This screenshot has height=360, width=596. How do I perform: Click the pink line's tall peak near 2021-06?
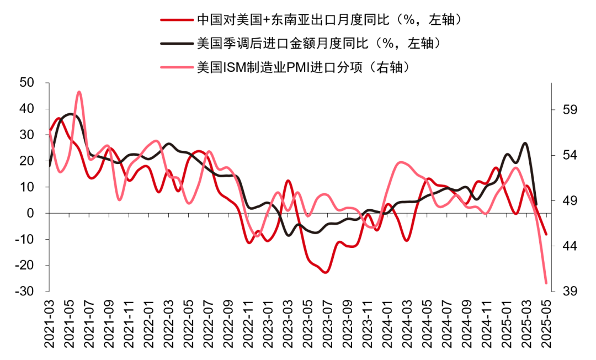click(x=79, y=92)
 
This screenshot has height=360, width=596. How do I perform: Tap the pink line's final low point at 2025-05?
click(x=546, y=283)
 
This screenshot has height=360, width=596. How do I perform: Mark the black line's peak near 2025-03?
click(x=525, y=143)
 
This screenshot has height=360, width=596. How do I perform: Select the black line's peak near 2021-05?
click(x=70, y=114)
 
